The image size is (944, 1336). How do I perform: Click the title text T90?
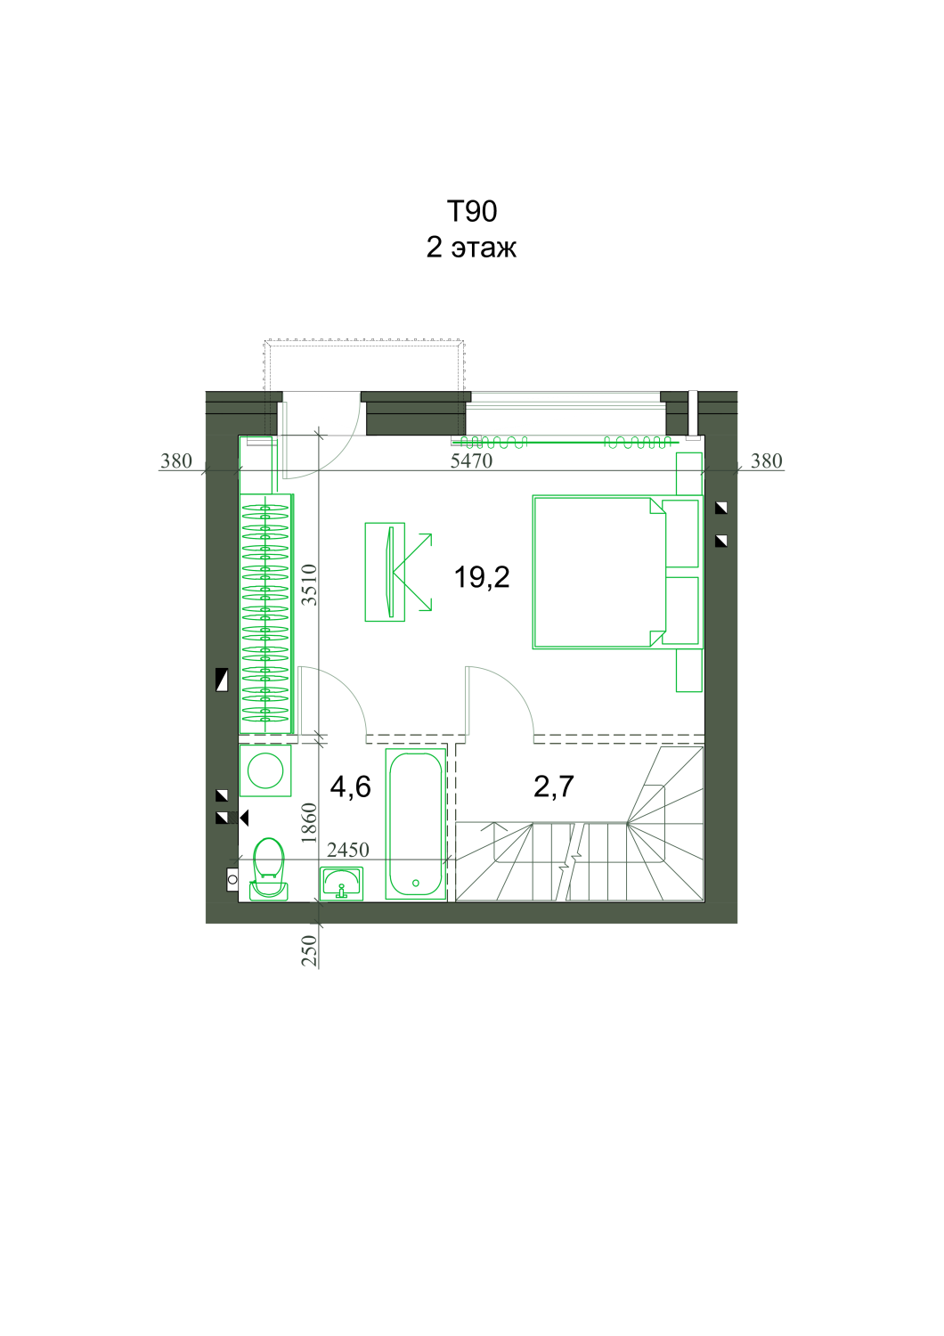pyautogui.click(x=472, y=212)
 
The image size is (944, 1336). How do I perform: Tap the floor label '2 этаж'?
pyautogui.click(x=471, y=248)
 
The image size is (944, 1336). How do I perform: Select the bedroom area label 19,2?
pyautogui.click(x=482, y=577)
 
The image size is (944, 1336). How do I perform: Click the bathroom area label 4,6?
pyautogui.click(x=351, y=786)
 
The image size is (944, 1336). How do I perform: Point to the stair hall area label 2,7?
pyautogui.click(x=553, y=786)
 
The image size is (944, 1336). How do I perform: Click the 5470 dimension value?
pyautogui.click(x=471, y=461)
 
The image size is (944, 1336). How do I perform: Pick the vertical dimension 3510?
pyautogui.click(x=310, y=585)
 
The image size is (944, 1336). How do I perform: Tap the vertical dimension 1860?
pyautogui.click(x=309, y=823)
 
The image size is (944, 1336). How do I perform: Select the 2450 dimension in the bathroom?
pyautogui.click(x=348, y=850)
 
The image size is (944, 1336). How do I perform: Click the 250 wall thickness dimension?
pyautogui.click(x=310, y=950)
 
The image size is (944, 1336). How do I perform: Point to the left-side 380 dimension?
pyautogui.click(x=176, y=461)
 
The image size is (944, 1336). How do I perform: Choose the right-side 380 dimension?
pyautogui.click(x=766, y=461)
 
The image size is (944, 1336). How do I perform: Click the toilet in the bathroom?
pyautogui.click(x=268, y=868)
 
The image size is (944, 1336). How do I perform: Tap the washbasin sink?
pyautogui.click(x=341, y=884)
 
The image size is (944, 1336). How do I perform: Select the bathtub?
pyautogui.click(x=416, y=824)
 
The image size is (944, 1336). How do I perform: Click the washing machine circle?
pyautogui.click(x=265, y=770)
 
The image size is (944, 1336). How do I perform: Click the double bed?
pyautogui.click(x=616, y=572)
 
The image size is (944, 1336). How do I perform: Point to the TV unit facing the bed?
pyautogui.click(x=386, y=573)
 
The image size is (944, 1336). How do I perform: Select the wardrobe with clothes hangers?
pyautogui.click(x=266, y=614)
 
